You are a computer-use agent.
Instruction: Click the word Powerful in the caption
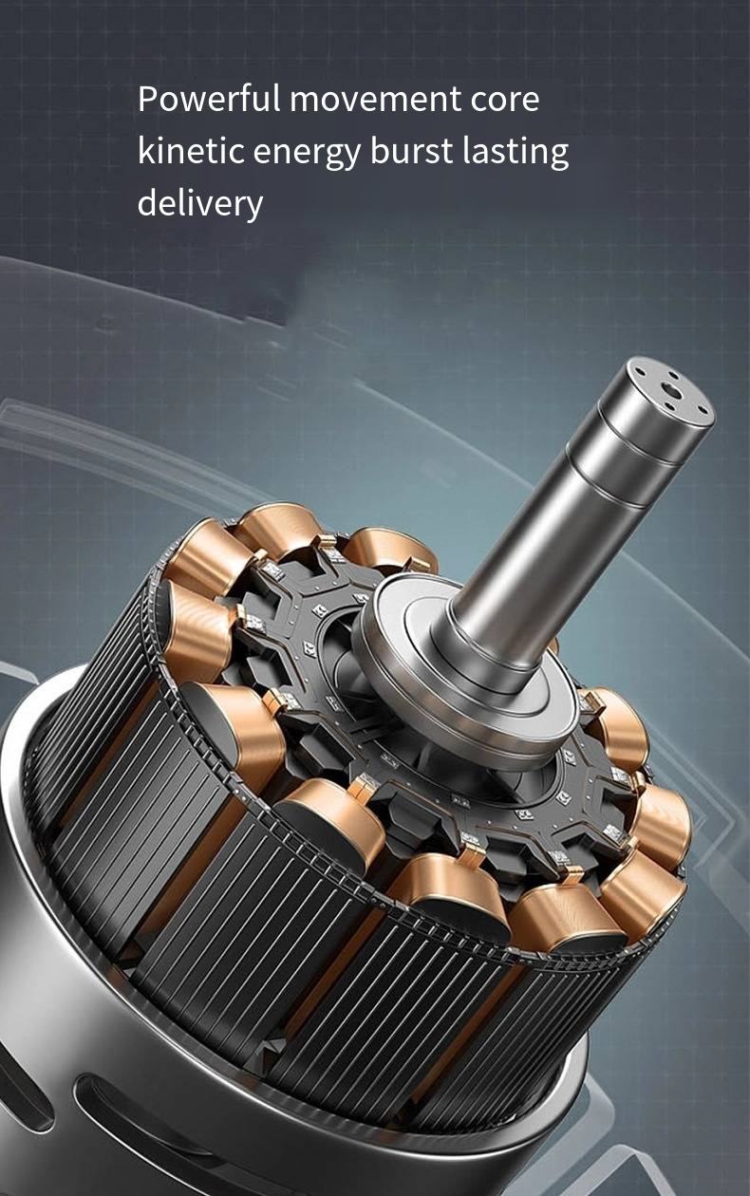207,99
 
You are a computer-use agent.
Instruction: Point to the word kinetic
191,151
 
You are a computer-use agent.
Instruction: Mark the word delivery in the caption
199,203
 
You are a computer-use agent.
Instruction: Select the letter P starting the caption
147,99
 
